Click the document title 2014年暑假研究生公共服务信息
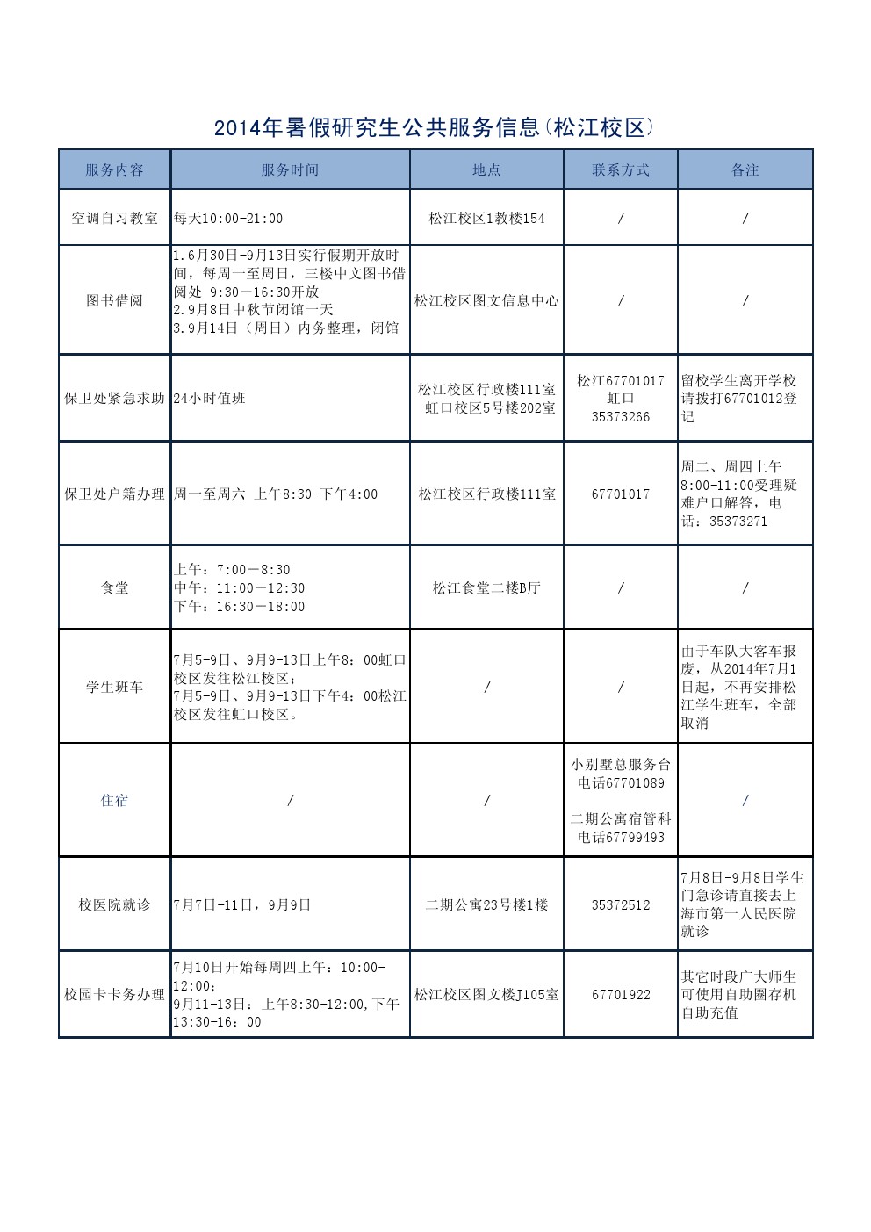click(x=435, y=128)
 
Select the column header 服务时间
click(x=290, y=170)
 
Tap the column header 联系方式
click(x=621, y=170)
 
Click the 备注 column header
click(x=745, y=170)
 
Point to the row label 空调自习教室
click(x=114, y=218)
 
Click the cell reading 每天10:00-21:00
click(x=228, y=218)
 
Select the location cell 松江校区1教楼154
click(x=486, y=218)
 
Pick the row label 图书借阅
click(x=114, y=301)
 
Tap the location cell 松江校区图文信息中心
click(x=486, y=301)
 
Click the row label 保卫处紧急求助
click(x=114, y=399)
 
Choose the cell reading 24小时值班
click(x=210, y=399)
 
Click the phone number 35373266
click(x=621, y=417)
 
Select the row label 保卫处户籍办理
click(x=114, y=494)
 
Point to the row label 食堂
click(x=114, y=588)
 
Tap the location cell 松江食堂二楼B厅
click(x=486, y=588)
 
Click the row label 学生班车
click(x=114, y=687)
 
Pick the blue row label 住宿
click(x=114, y=801)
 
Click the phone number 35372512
click(x=621, y=905)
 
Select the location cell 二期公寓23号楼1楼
click(x=486, y=905)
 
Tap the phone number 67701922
click(x=621, y=995)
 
